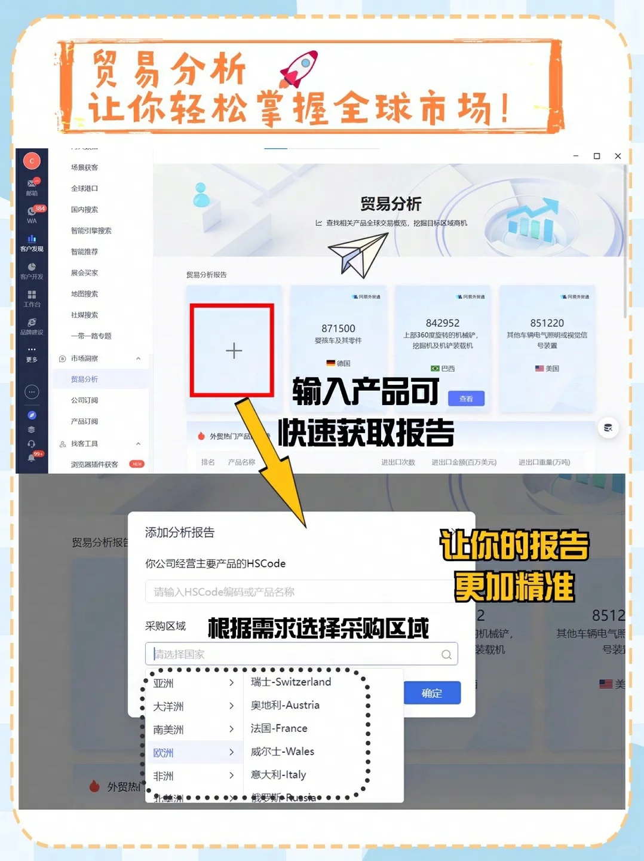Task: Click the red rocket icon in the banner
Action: pyautogui.click(x=299, y=68)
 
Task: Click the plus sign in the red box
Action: pyautogui.click(x=234, y=351)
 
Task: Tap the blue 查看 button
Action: pyautogui.click(x=466, y=399)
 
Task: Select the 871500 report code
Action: pyautogui.click(x=338, y=329)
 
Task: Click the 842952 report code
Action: pyautogui.click(x=443, y=323)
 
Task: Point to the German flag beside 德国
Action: pyautogui.click(x=331, y=363)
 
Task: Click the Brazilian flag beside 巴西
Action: pyautogui.click(x=435, y=369)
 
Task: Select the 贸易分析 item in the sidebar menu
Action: pyautogui.click(x=84, y=379)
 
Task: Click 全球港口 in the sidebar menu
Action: pyautogui.click(x=84, y=189)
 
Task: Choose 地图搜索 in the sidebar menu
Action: pyautogui.click(x=84, y=294)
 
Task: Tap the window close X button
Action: pyautogui.click(x=618, y=156)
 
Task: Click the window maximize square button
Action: pyautogui.click(x=596, y=156)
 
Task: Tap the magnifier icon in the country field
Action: pyautogui.click(x=446, y=654)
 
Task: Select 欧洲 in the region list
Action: pyautogui.click(x=164, y=753)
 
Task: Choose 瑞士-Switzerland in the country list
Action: pyautogui.click(x=291, y=682)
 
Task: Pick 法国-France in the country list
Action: pyautogui.click(x=279, y=728)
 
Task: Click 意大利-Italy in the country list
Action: pyautogui.click(x=278, y=775)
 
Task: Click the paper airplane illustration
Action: pyautogui.click(x=358, y=255)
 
